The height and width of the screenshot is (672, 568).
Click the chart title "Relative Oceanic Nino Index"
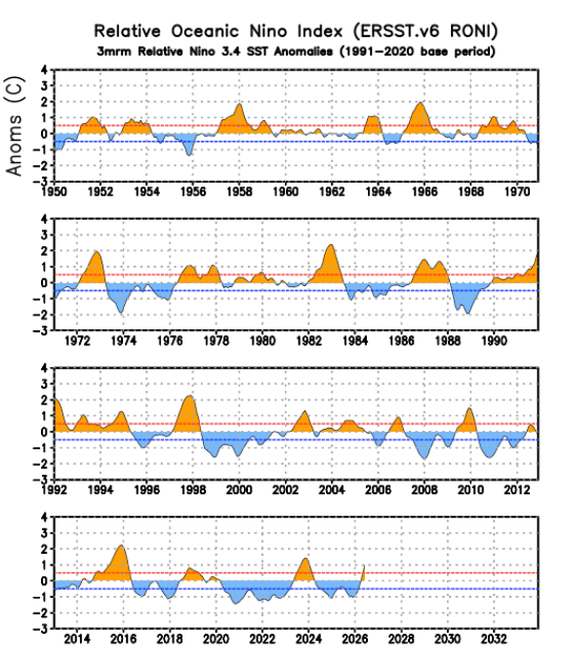[x=219, y=31]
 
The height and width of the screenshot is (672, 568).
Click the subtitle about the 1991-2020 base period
[x=296, y=52]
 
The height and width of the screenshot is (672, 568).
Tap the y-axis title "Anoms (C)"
[x=14, y=126]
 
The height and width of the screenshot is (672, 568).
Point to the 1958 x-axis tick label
[x=239, y=191]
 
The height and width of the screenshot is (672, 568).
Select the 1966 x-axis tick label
[x=425, y=191]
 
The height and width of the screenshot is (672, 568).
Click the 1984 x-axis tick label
[x=355, y=341]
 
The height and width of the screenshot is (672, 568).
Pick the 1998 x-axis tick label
[x=193, y=489]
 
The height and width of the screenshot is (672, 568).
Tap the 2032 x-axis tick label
[x=494, y=639]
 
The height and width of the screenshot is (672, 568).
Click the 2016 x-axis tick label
[x=123, y=639]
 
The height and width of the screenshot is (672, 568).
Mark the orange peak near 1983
[x=330, y=245]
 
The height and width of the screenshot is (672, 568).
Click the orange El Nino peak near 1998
[x=189, y=396]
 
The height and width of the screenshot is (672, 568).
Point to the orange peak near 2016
[x=122, y=546]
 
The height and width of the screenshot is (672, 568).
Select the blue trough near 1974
[x=121, y=314]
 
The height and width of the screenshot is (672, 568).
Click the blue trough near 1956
[x=189, y=154]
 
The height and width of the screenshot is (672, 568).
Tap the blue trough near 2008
[x=425, y=459]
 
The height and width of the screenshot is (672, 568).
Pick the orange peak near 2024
[x=305, y=559]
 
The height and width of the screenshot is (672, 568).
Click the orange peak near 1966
[x=421, y=103]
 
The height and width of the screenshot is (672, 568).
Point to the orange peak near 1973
[x=97, y=252]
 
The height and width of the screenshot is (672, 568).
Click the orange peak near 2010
[x=469, y=408]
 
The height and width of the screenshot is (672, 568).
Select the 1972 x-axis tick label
[x=77, y=341]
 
